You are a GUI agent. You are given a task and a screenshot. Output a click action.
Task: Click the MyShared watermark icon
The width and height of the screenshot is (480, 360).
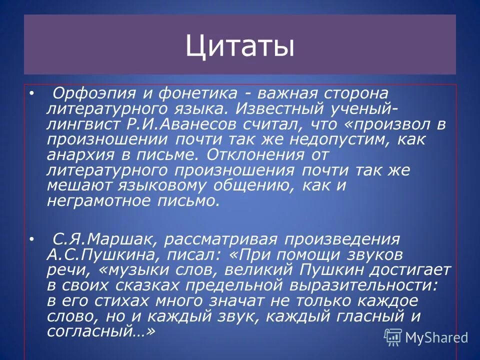[392, 337]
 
